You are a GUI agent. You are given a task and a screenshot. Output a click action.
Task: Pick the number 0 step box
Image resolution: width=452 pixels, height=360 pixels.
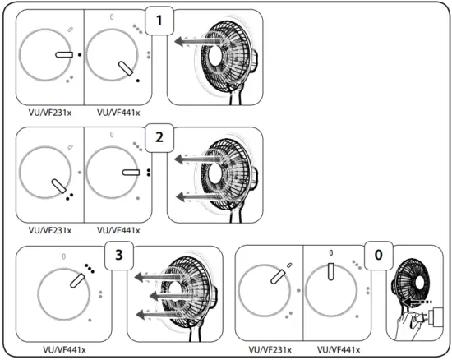pyautogui.click(x=377, y=256)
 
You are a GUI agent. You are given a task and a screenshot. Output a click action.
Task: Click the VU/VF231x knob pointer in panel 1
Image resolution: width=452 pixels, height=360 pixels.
pyautogui.click(x=64, y=54)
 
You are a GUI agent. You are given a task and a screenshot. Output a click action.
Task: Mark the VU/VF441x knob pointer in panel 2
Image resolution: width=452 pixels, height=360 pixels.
pyautogui.click(x=131, y=172)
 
